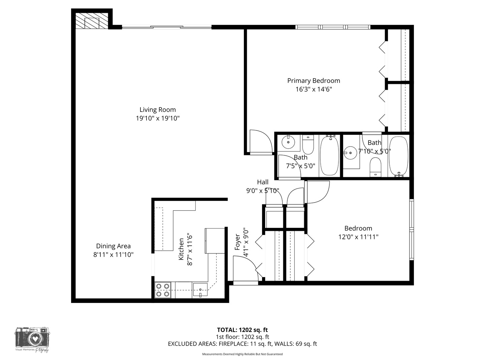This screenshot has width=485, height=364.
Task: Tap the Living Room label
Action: tap(158, 110)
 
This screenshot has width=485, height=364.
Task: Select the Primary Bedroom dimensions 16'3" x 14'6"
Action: tap(314, 89)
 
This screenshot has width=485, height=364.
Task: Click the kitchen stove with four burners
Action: tap(162, 290)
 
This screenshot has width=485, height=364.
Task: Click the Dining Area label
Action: tap(114, 246)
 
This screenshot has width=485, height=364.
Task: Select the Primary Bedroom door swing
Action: tap(260, 142)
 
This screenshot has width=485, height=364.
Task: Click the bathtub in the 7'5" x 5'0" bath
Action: tap(329, 155)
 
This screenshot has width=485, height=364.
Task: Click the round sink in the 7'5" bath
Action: tap(288, 142)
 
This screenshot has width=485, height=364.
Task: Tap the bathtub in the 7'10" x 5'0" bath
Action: tap(398, 156)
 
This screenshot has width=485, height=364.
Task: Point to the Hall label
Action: tap(263, 182)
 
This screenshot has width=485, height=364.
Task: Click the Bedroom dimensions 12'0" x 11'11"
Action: tap(358, 237)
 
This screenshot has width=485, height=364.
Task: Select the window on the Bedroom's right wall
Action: tap(411, 230)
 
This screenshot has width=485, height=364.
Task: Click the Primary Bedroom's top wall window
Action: tap(333, 27)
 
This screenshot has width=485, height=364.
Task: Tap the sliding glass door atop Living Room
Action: tap(167, 27)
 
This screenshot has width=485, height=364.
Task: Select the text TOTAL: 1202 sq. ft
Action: tap(242, 330)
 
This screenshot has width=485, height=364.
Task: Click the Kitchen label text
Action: tap(181, 249)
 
